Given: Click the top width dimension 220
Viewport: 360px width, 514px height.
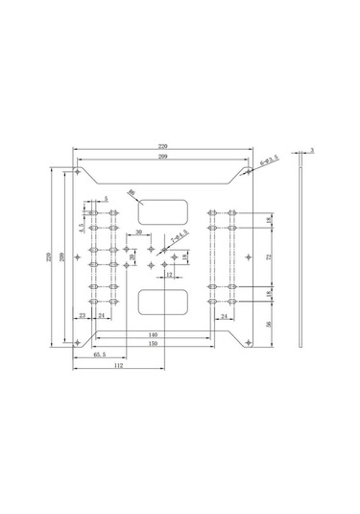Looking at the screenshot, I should [164, 146].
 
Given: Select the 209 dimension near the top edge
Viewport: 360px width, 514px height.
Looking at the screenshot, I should [164, 156].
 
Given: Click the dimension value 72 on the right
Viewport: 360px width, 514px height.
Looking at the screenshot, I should [269, 257].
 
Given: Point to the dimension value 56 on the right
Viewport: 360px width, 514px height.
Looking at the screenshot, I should [269, 325].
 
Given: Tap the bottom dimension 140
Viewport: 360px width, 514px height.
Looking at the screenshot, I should [154, 333].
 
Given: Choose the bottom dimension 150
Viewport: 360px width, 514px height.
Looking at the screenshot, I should [154, 343].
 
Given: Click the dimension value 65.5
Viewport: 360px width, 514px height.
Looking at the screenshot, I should [100, 355].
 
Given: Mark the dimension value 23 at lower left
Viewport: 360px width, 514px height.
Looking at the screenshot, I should [83, 315].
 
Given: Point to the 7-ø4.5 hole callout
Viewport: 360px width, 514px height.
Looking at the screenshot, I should [180, 234].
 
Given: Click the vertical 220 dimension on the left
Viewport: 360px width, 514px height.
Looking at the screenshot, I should [50, 257].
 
